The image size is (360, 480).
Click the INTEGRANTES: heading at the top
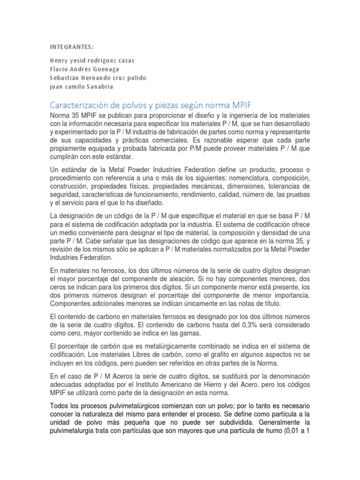point(72,46)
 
